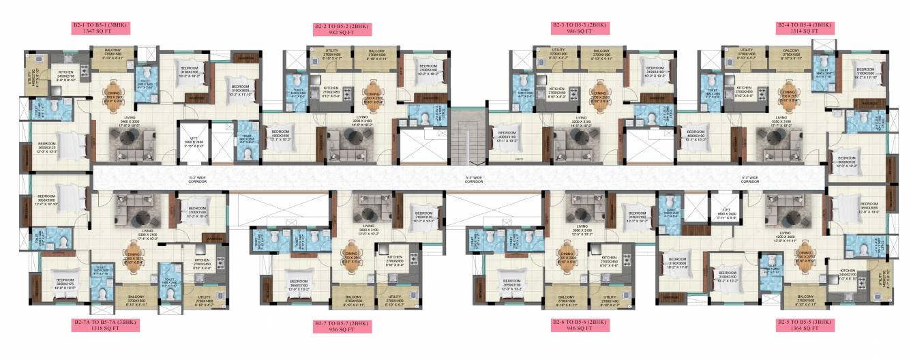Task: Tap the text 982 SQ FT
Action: pos(341,32)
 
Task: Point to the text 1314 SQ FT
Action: pos(804,32)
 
